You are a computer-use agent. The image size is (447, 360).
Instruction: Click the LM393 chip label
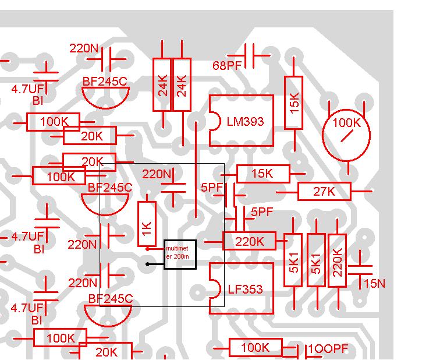pyautogui.click(x=245, y=122)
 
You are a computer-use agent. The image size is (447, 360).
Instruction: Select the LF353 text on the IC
pyautogui.click(x=245, y=290)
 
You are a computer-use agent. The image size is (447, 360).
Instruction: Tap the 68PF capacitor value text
pyautogui.click(x=227, y=66)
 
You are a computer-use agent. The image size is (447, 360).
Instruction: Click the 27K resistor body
pyautogui.click(x=324, y=192)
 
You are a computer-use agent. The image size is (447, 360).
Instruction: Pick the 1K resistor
pyautogui.click(x=147, y=224)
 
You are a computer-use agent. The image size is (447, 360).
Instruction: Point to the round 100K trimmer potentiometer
pyautogui.click(x=346, y=135)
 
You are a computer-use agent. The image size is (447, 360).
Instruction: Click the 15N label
pyautogui.click(x=375, y=284)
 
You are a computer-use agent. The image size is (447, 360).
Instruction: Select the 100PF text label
pyautogui.click(x=328, y=348)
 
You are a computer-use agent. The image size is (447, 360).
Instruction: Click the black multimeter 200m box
pyautogui.click(x=180, y=255)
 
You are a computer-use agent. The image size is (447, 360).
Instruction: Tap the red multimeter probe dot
pyautogui.click(x=147, y=249)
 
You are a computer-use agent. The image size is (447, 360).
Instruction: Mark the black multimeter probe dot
pyautogui.click(x=147, y=264)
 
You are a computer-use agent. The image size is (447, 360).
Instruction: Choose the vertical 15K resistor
pyautogui.click(x=293, y=103)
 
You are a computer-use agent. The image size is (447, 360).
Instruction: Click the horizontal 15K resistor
pyautogui.click(x=263, y=174)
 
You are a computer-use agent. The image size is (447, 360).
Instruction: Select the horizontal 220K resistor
pyautogui.click(x=249, y=241)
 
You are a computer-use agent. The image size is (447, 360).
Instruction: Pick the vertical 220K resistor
pyautogui.click(x=337, y=260)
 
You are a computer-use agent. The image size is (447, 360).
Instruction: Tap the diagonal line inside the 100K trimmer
pyautogui.click(x=347, y=136)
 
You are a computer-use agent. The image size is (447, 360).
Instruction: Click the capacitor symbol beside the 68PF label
pyautogui.click(x=249, y=55)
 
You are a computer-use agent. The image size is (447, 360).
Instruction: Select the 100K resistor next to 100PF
pyautogui.click(x=256, y=347)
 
